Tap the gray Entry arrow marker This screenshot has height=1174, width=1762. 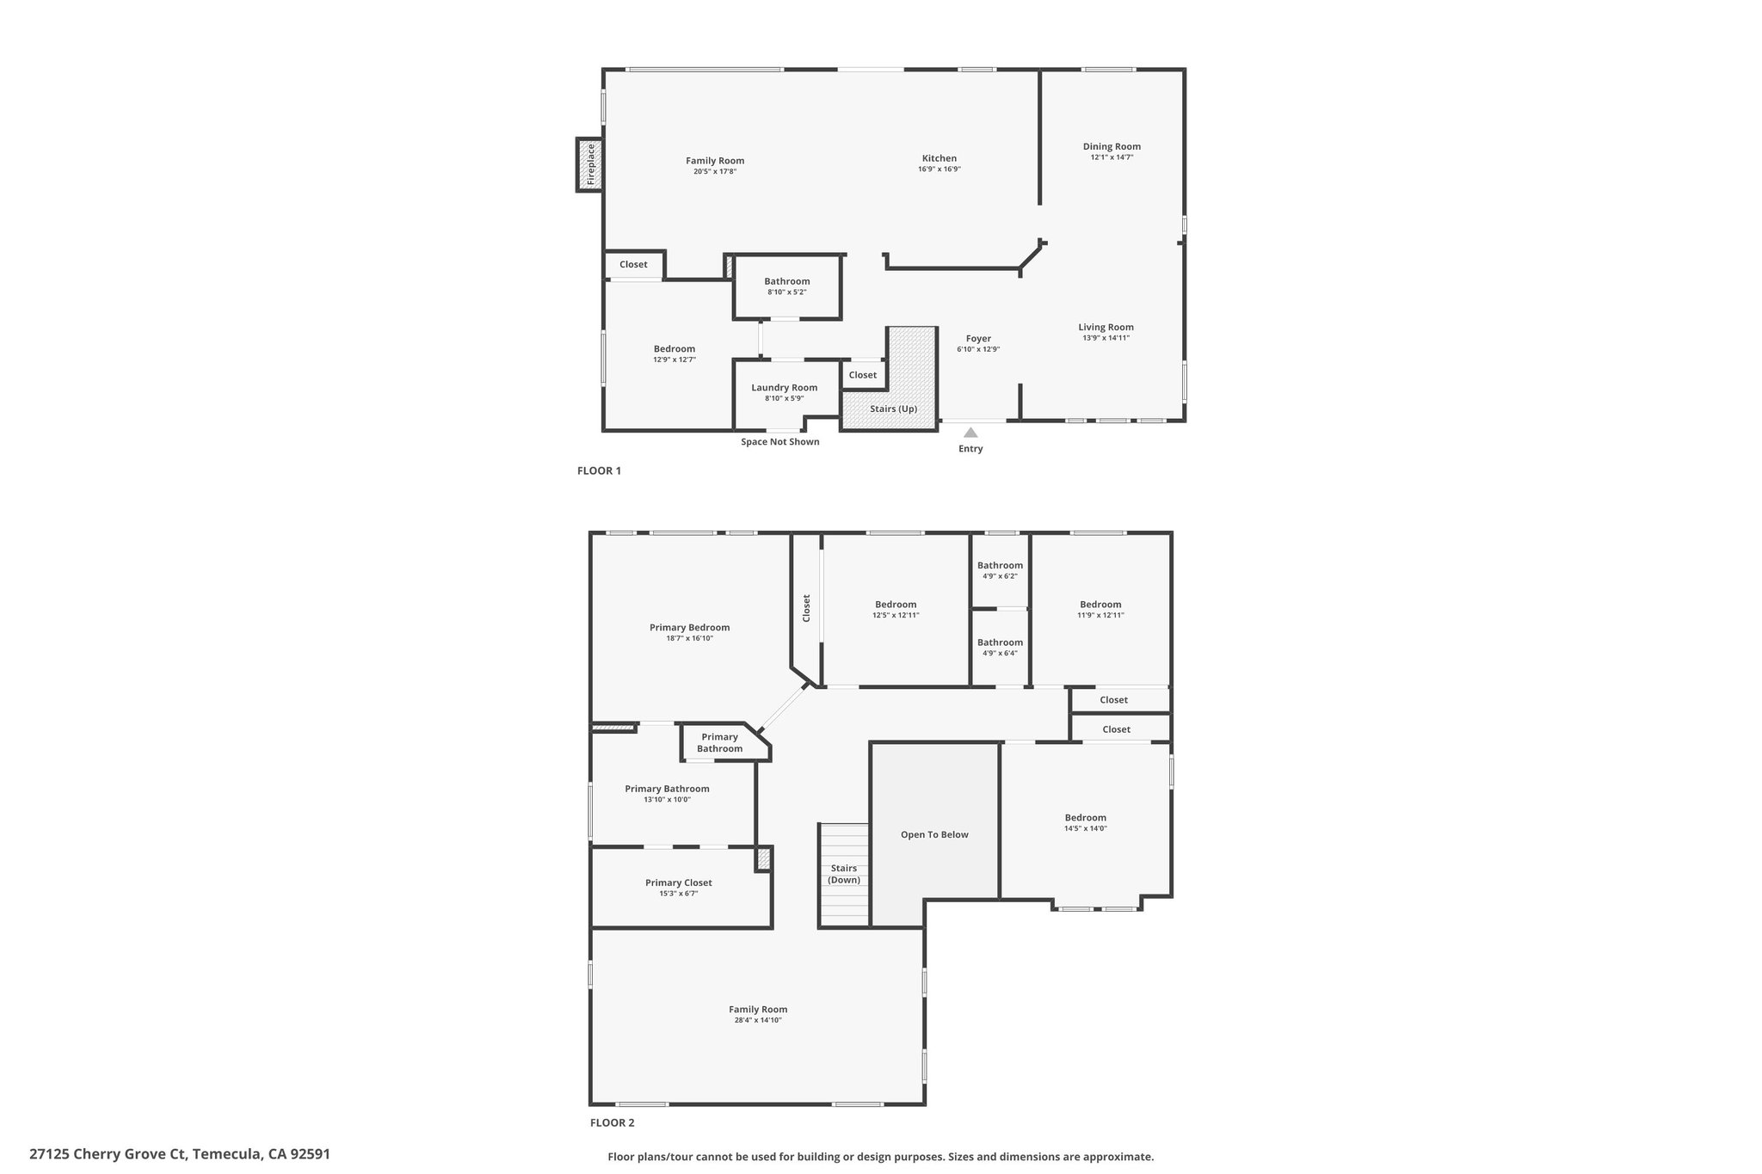(x=970, y=433)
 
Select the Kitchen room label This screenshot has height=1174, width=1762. (x=940, y=158)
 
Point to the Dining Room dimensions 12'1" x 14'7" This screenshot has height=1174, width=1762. (x=1112, y=157)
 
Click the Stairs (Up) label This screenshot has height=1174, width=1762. (x=893, y=409)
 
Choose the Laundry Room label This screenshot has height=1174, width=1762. (x=785, y=387)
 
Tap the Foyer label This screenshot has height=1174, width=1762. (x=978, y=339)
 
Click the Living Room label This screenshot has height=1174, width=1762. (x=1106, y=327)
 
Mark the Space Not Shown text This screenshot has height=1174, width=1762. (x=780, y=442)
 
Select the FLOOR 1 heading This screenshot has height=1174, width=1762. (x=599, y=470)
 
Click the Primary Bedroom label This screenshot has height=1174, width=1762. (x=690, y=627)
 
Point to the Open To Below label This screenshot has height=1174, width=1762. (x=934, y=834)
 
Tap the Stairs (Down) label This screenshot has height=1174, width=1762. (x=844, y=874)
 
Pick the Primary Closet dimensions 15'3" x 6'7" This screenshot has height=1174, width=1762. (x=679, y=894)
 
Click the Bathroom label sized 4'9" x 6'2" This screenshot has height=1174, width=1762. (x=1000, y=565)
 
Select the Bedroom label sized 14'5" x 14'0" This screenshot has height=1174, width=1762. (x=1086, y=817)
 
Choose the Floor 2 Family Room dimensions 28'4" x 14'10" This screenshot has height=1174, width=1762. (x=758, y=1020)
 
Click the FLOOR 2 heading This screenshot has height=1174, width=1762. (x=613, y=1122)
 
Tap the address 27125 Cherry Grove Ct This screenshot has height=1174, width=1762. (x=108, y=1154)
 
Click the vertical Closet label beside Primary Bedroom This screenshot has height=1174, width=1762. (x=806, y=608)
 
